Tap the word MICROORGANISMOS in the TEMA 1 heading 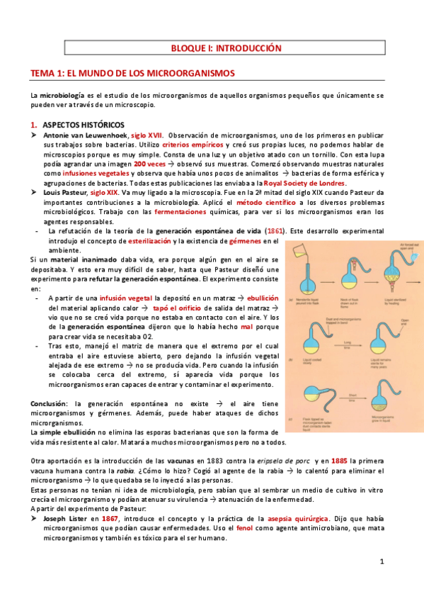(x=195, y=73)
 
